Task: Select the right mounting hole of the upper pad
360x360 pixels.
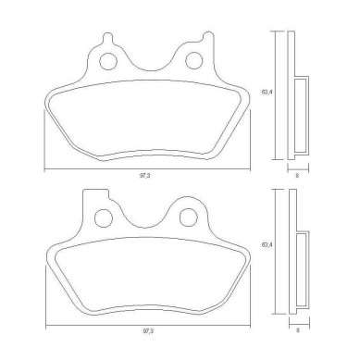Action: (194, 61)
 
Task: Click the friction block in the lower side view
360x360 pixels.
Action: (303, 268)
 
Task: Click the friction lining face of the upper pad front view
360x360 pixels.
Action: (148, 118)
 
